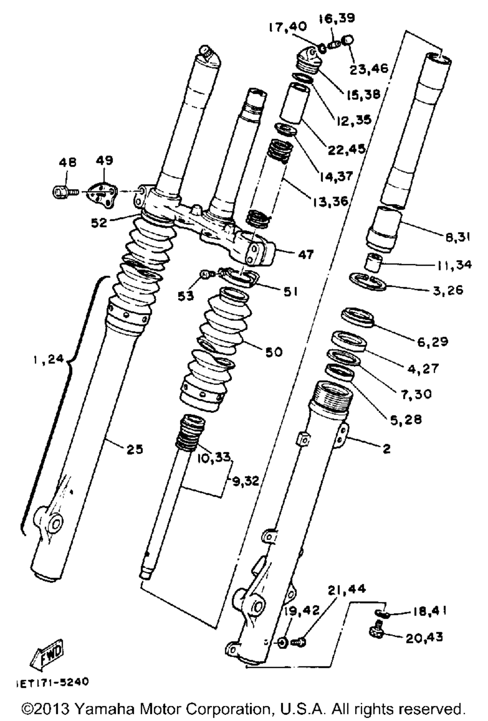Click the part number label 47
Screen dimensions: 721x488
point(306,254)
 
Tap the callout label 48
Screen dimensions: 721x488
point(67,162)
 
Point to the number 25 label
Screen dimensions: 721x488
point(135,448)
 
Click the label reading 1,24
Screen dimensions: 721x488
point(49,360)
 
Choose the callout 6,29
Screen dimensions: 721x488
point(432,341)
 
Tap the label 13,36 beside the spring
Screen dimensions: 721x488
point(331,200)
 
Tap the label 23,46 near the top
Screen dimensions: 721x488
point(369,68)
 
